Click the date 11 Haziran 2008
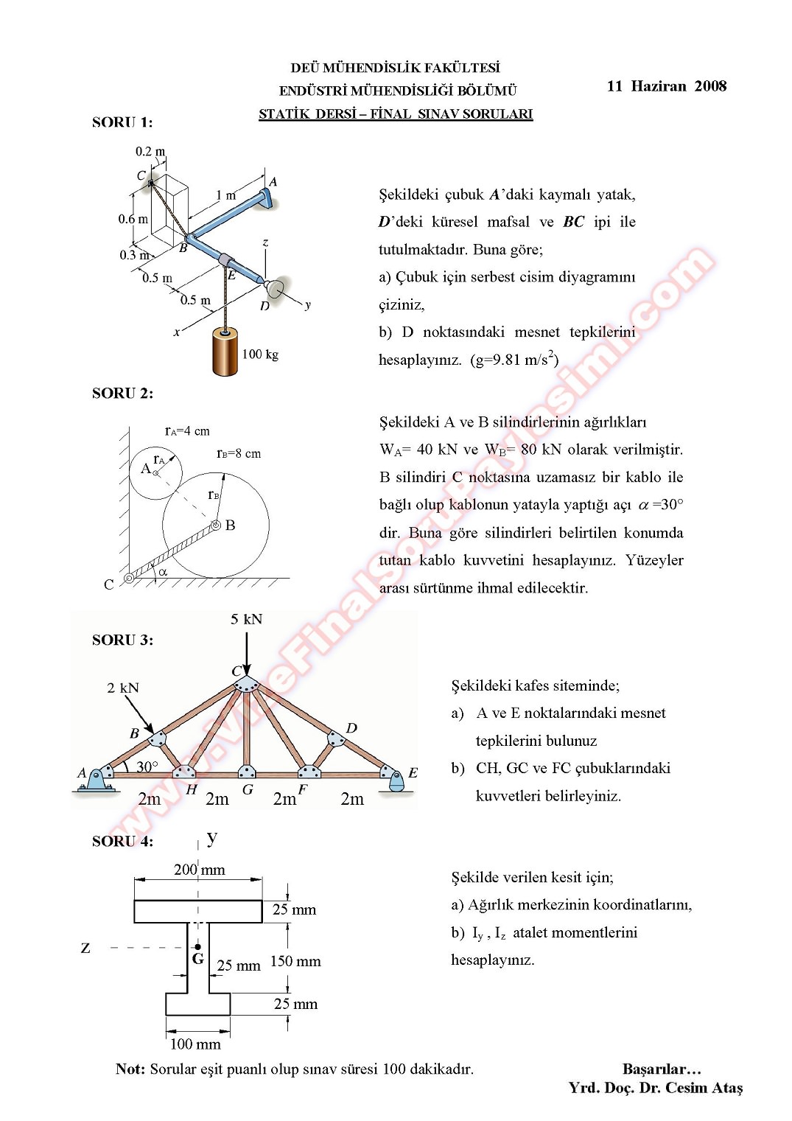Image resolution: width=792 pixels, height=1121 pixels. tap(666, 86)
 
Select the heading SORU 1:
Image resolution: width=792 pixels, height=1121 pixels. tap(122, 122)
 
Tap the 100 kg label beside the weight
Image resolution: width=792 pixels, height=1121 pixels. tap(260, 355)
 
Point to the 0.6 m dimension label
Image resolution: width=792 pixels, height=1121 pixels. tap(133, 219)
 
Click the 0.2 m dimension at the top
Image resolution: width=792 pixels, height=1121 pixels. tap(150, 152)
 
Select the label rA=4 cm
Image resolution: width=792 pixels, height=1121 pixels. tap(187, 431)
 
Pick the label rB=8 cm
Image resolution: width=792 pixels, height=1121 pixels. tap(239, 453)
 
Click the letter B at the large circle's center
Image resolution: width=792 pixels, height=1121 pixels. tap(231, 525)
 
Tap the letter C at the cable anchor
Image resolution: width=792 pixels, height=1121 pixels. tap(109, 584)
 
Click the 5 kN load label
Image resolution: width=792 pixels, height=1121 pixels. tap(246, 619)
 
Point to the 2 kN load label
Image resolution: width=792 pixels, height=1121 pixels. tap(123, 688)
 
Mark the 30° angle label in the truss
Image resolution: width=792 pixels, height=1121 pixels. tap(147, 766)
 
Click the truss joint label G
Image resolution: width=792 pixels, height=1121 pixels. tap(248, 789)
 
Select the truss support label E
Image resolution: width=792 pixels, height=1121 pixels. tap(413, 772)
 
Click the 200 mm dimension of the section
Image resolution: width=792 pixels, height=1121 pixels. tap(199, 870)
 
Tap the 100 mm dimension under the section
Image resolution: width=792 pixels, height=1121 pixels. tap(195, 1044)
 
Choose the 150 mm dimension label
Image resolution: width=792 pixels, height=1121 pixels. tap(295, 961)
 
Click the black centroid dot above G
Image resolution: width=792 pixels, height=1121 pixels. tap(197, 946)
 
